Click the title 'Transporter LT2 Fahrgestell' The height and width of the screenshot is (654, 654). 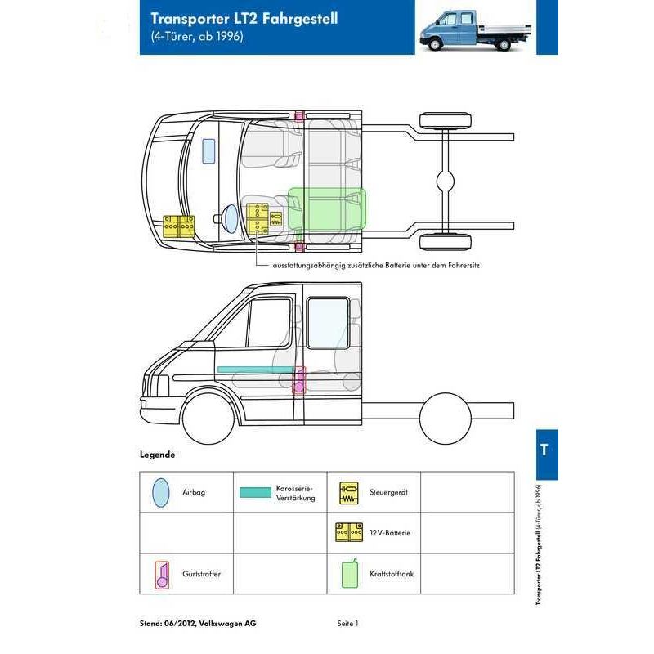point(244,19)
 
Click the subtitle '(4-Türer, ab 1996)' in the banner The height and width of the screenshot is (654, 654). point(197,36)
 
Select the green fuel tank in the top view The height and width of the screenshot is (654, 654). point(327,208)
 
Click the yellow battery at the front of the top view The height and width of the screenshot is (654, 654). point(178,226)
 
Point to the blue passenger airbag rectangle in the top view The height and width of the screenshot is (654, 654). point(208,150)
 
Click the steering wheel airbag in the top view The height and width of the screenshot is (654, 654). point(230,218)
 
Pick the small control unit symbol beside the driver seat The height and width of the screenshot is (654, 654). point(275,219)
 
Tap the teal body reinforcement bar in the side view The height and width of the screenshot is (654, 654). point(256,370)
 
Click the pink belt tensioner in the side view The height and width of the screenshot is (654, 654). point(299,380)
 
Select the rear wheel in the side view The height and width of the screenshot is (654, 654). point(445,419)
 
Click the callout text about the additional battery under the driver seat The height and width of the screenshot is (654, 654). point(376,265)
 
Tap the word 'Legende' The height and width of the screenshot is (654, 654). point(157,455)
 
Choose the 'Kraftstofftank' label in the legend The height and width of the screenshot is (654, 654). point(392,574)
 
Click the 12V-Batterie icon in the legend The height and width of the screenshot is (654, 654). point(349,533)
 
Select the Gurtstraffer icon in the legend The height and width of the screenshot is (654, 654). point(162,575)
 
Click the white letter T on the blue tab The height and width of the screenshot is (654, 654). point(544,450)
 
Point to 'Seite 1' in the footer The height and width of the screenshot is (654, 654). point(348,624)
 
